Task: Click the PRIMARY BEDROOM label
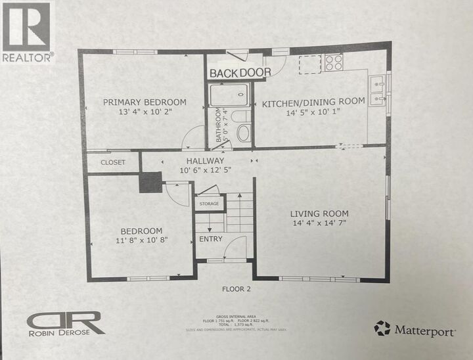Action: pos(145,102)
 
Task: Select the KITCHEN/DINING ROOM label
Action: pos(313,104)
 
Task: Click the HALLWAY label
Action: pos(206,161)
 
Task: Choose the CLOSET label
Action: pos(113,162)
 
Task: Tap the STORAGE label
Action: pos(209,204)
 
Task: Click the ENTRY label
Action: pos(211,239)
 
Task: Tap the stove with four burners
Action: pos(333,63)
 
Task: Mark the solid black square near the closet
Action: pos(150,182)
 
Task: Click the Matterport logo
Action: pos(415,328)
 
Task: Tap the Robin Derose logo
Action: pos(66,323)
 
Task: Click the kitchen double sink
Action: pos(378,91)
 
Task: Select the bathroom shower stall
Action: pos(231,95)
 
